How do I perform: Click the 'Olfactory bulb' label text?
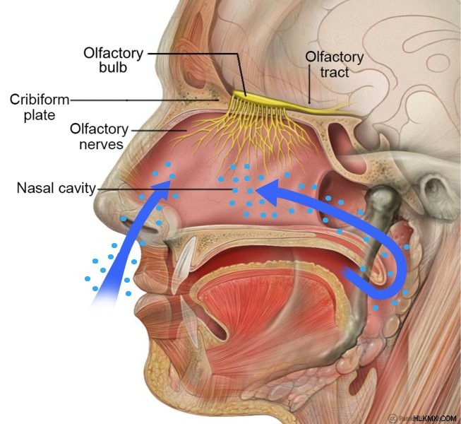114,60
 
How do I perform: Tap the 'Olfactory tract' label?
335,64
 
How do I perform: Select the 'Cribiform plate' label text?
40,107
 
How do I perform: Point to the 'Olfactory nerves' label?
100,136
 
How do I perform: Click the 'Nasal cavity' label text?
56,188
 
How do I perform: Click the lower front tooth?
188,319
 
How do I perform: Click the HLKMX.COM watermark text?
435,418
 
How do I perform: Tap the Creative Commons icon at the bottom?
393,418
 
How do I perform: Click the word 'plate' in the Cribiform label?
40,115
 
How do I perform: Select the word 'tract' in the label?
335,72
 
